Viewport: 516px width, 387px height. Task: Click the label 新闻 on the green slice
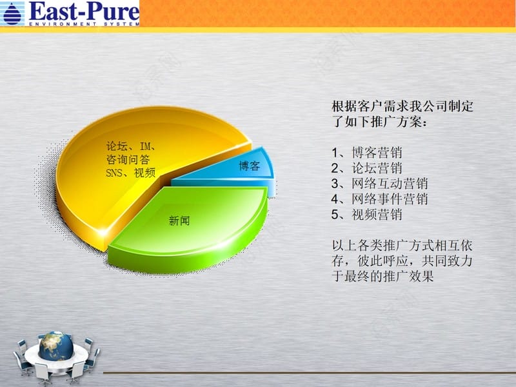[x=179, y=221]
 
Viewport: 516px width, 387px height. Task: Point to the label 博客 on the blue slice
[x=250, y=166]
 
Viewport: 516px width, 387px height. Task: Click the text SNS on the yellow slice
[x=114, y=173]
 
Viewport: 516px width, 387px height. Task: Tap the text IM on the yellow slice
[x=145, y=146]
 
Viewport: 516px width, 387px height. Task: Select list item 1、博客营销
[x=366, y=153]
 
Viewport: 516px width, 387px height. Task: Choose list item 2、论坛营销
[x=366, y=168]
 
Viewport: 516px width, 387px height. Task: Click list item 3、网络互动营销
[x=379, y=184]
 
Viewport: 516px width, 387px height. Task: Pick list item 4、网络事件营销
[x=379, y=199]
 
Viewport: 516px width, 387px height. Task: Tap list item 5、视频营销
[x=366, y=215]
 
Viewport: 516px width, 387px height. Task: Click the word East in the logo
[x=54, y=11]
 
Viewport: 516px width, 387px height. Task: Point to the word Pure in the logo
[x=112, y=11]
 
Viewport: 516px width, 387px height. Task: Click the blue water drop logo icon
[x=12, y=14]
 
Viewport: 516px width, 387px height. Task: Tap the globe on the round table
[x=55, y=346]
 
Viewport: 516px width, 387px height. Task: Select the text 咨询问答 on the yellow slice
[x=128, y=159]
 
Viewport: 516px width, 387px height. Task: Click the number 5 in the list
[x=335, y=215]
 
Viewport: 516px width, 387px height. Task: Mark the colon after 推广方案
[x=425, y=123]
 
